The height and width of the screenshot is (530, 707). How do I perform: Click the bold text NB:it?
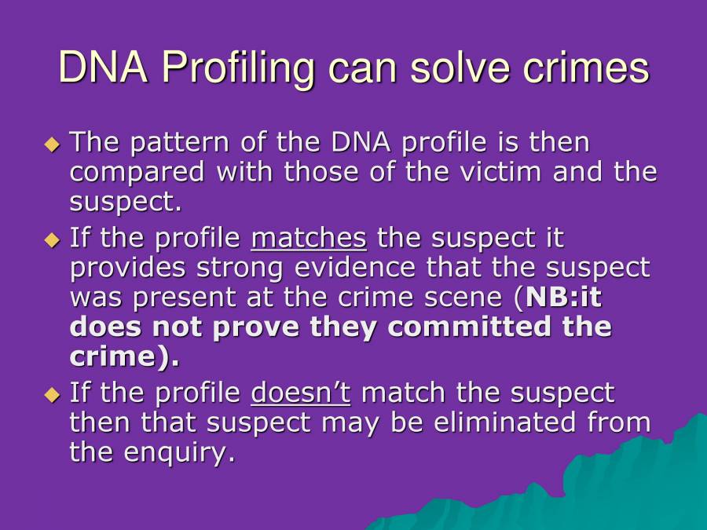(564, 298)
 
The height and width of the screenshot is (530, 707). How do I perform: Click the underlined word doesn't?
(301, 393)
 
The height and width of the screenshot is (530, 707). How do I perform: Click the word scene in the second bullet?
(467, 298)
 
